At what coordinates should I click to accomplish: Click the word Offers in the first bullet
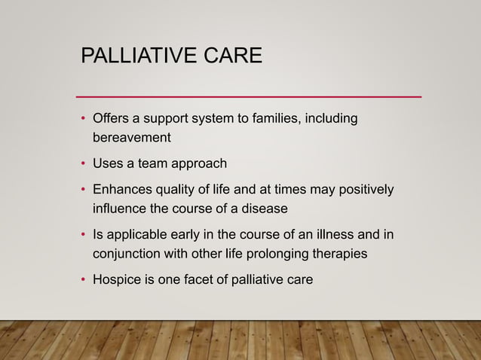(110, 119)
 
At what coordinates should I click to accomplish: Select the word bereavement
(131, 138)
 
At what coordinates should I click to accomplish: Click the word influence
(120, 207)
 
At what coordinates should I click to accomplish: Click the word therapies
(341, 254)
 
